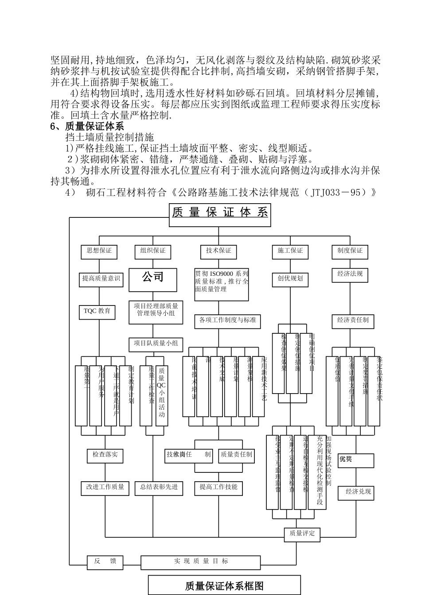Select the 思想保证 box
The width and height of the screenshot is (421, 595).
[99, 251]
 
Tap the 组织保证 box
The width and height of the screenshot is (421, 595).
[153, 251]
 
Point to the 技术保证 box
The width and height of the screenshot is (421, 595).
[218, 251]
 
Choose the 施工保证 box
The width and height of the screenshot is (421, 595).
[290, 251]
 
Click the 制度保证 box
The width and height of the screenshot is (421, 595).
[350, 251]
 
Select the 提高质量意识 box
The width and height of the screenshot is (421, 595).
[101, 279]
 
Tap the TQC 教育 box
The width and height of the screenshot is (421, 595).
[97, 311]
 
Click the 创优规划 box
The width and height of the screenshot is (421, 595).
[290, 279]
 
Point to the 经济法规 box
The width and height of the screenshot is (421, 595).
[350, 274]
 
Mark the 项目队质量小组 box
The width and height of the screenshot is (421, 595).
[156, 344]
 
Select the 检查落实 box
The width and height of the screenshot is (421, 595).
[105, 455]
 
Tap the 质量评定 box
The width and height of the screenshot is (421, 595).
[302, 534]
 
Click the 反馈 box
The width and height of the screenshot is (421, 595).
[105, 561]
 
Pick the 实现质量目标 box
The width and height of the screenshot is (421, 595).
[201, 562]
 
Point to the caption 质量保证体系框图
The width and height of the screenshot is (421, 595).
[224, 586]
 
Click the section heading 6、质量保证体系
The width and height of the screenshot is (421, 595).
[87, 127]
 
